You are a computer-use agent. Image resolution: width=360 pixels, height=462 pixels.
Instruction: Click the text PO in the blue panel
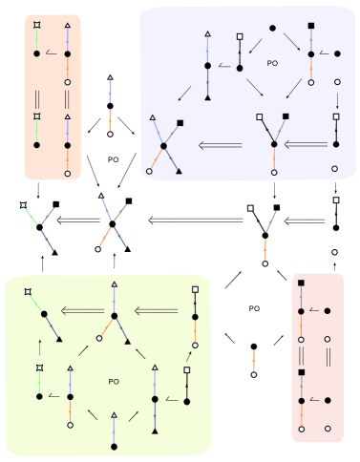[271, 64]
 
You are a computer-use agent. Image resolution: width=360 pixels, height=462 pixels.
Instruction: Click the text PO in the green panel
[114, 382]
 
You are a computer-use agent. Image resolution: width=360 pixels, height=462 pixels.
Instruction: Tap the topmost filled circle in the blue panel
[273, 28]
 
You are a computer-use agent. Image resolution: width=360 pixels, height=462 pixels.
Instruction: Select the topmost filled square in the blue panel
[311, 26]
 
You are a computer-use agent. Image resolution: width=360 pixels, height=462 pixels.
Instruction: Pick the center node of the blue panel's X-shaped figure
[164, 145]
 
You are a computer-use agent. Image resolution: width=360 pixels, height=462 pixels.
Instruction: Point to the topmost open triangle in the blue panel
[207, 35]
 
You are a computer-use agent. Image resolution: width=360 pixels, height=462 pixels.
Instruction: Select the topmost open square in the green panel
[195, 288]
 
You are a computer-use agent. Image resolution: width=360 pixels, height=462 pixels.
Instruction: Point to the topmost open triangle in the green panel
[114, 284]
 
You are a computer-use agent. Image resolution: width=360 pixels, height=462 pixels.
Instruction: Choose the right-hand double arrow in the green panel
[156, 311]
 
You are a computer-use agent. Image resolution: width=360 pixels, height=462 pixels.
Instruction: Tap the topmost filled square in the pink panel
[302, 284]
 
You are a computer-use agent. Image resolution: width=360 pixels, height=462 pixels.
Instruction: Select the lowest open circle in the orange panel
[67, 174]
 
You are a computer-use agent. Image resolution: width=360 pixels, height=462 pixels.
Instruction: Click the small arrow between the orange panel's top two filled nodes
[52, 53]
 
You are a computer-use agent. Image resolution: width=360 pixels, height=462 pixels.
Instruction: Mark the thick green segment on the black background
[33, 216]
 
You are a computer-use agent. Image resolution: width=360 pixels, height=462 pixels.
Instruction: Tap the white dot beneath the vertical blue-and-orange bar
[111, 135]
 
